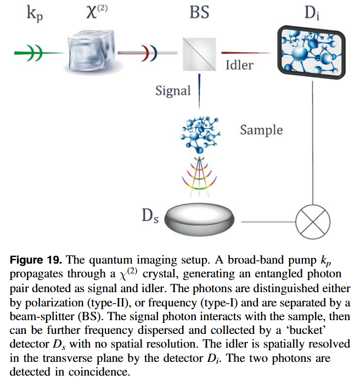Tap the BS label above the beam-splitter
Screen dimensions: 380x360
tap(199, 12)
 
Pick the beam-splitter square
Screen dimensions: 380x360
tap(199, 54)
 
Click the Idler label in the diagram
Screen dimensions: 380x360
tap(239, 65)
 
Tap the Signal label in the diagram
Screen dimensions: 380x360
tap(172, 90)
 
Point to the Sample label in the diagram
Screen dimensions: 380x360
tap(261, 130)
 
